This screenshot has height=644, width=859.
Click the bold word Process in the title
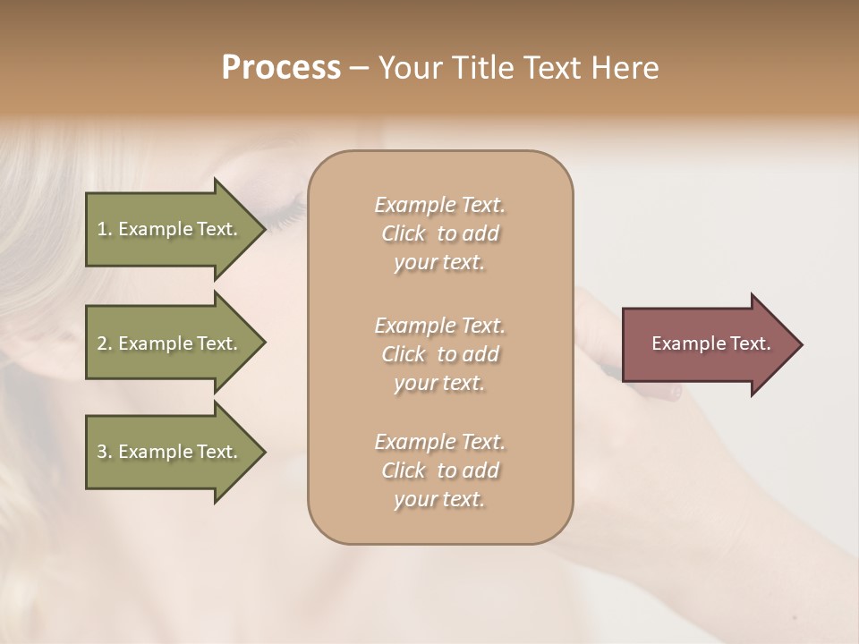point(281,68)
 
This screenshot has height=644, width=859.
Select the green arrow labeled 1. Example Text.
point(170,229)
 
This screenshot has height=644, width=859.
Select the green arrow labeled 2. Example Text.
point(170,343)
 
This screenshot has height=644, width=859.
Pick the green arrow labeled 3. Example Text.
point(170,452)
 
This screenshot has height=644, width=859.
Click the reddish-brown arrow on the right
point(707,343)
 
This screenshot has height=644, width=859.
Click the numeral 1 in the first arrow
point(102,229)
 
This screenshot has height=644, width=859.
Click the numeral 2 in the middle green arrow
point(102,343)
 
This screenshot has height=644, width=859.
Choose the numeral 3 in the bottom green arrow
point(102,452)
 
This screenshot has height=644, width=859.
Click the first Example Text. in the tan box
point(439,205)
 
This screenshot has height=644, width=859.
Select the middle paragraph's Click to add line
point(439,354)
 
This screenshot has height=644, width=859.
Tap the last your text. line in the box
point(439,499)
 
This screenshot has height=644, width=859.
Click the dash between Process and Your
point(359,68)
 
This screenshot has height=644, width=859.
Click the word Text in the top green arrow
point(215,229)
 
